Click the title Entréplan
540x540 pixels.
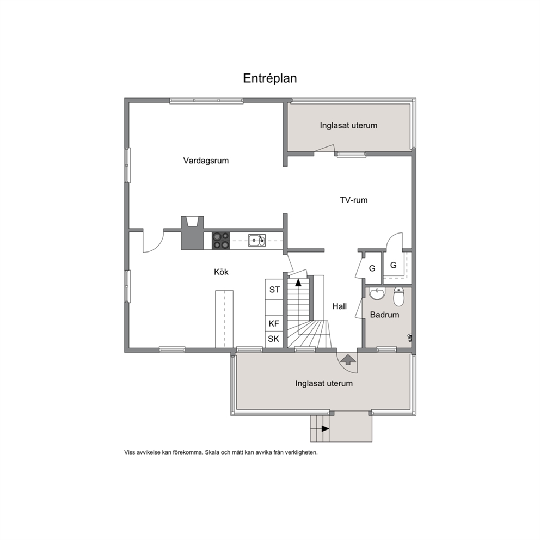tap(269, 78)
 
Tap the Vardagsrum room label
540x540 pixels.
tap(206, 161)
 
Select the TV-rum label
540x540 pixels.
tap(354, 200)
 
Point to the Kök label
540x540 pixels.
tap(221, 272)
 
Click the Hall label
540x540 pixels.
tap(340, 306)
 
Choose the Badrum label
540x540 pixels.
tap(385, 315)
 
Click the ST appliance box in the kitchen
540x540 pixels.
tap(274, 290)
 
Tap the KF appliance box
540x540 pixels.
tap(274, 323)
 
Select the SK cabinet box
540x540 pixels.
tap(274, 339)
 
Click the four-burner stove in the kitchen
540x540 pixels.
tap(221, 241)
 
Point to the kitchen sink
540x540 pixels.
tap(257, 241)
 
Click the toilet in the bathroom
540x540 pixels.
tap(398, 297)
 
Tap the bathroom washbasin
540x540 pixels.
tap(377, 294)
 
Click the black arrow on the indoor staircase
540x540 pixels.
tap(298, 283)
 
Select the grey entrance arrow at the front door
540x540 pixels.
tap(348, 359)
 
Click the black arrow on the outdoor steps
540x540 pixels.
tap(325, 429)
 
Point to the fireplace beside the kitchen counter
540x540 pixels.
tap(193, 233)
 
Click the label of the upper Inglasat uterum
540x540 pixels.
tap(348, 126)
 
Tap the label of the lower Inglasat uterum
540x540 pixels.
tap(324, 384)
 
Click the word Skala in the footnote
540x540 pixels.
tap(211, 452)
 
